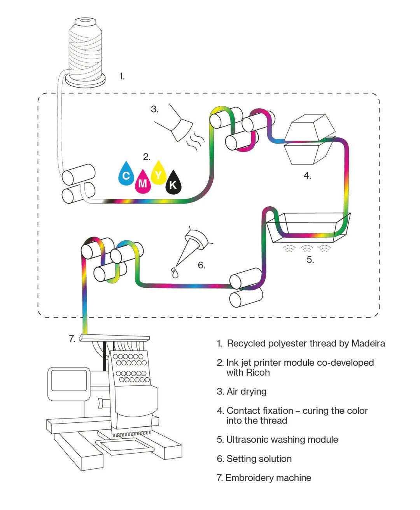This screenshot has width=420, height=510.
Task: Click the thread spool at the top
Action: click(86, 53)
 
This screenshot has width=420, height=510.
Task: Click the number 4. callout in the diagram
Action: click(307, 176)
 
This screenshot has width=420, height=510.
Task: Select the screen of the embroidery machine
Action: click(69, 380)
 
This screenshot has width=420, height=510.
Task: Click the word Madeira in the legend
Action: click(368, 343)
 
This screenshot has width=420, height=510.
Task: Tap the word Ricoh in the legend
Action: click(258, 373)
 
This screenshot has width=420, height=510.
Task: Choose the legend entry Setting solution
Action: click(254, 459)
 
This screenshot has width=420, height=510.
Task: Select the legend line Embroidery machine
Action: click(264, 478)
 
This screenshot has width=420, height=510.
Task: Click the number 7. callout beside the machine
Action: click(72, 339)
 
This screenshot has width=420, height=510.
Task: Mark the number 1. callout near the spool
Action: click(122, 76)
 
